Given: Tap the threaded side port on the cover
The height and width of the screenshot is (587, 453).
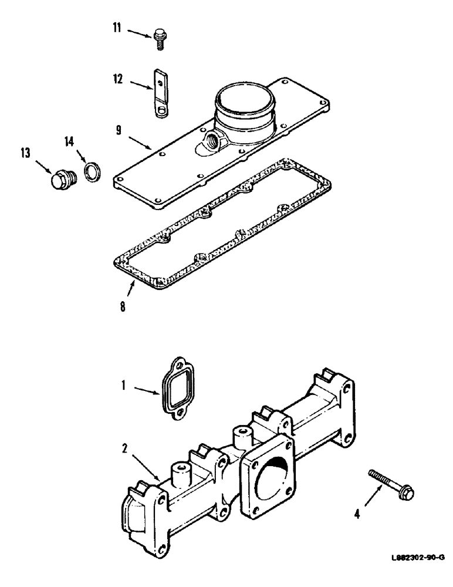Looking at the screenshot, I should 209,140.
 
